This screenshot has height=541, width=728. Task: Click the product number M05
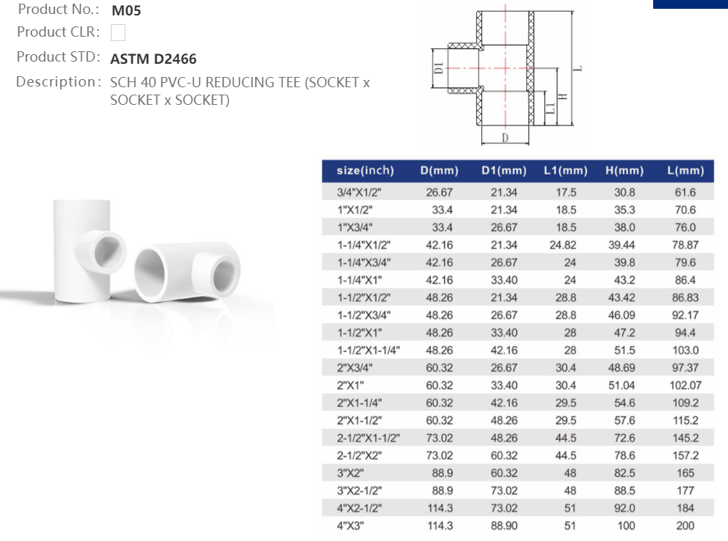point(126,10)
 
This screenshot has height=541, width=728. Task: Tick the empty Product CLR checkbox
point(118,32)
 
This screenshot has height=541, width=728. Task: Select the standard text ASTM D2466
point(153,59)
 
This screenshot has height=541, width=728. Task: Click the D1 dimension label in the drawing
point(439,68)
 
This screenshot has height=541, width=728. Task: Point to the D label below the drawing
point(505,137)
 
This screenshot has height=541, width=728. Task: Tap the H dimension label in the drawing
point(562,97)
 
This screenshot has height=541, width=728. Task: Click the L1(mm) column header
point(566,171)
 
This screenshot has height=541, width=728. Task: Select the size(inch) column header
point(365,171)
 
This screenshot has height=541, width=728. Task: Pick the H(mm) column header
point(625,171)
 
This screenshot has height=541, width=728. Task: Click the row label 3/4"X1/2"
point(359,192)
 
